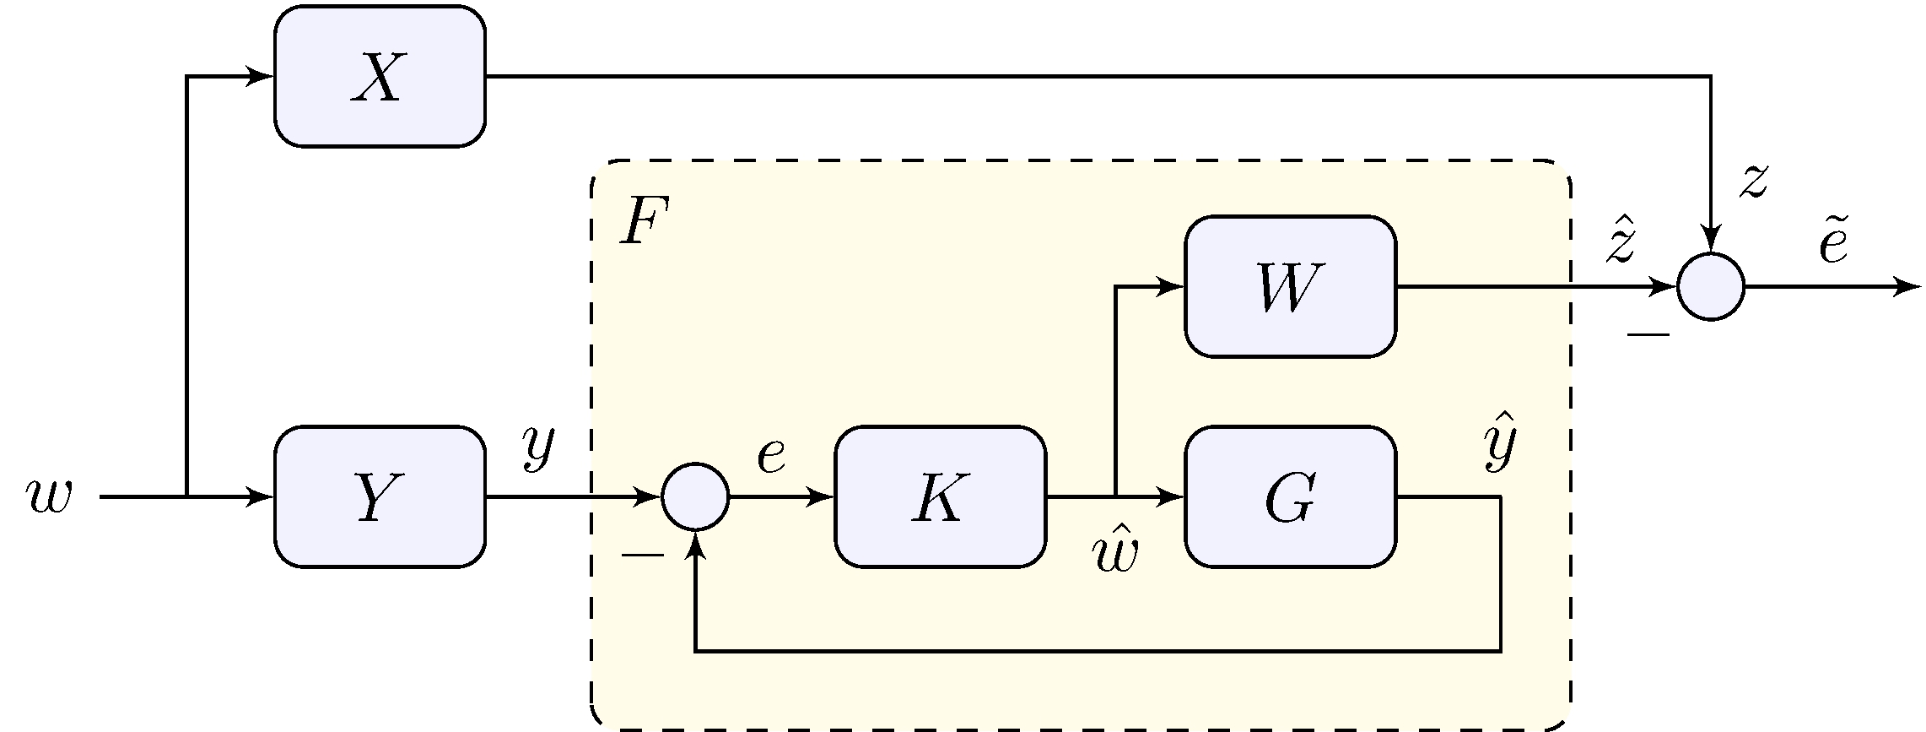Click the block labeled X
[380, 77]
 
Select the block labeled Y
[380, 497]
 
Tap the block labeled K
[940, 497]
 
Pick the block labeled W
[1290, 287]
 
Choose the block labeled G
[1290, 497]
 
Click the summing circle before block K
[695, 497]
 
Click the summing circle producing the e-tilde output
[1710, 287]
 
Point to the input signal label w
[49, 497]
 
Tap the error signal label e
[771, 456]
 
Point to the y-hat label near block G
[1500, 443]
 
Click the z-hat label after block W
[1621, 241]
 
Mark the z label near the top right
[1753, 182]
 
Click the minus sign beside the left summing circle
[643, 555]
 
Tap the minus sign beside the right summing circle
[1648, 336]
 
